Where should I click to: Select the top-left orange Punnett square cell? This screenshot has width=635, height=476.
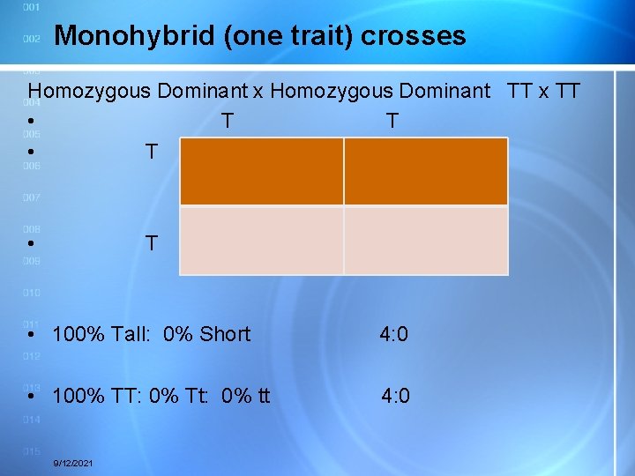(x=261, y=171)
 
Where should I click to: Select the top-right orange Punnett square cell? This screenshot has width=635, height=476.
(x=426, y=171)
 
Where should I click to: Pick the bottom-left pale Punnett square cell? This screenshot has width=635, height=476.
(x=261, y=241)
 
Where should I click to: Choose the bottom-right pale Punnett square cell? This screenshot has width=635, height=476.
(x=426, y=241)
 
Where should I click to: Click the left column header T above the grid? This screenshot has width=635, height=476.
(x=228, y=121)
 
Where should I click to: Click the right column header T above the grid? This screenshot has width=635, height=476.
(x=392, y=121)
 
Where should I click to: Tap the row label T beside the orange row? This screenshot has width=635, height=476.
(x=152, y=152)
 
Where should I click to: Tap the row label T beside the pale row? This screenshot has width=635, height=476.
(x=152, y=243)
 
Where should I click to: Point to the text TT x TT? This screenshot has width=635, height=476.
(x=544, y=90)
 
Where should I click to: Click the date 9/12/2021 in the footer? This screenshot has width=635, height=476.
(x=75, y=464)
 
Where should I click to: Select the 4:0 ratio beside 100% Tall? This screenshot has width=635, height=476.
(x=393, y=334)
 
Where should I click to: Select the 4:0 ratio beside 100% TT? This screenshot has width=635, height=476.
(x=395, y=396)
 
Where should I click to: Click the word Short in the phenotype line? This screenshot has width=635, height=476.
(x=225, y=334)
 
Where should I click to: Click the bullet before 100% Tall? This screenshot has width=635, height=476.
(x=31, y=335)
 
